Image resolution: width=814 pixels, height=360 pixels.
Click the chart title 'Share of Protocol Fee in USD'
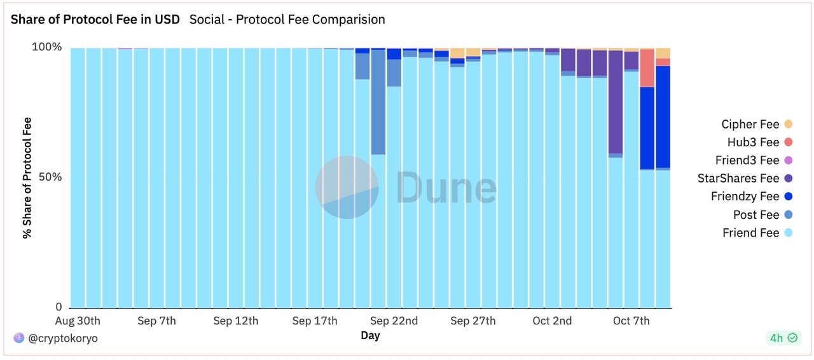coord(95,20)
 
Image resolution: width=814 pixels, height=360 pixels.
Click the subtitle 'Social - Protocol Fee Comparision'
coord(287,20)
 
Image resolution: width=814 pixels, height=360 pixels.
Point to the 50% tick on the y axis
coord(50,177)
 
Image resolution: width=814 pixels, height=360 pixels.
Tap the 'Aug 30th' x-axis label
coord(78,321)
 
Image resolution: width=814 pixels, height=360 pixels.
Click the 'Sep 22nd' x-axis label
coord(394,321)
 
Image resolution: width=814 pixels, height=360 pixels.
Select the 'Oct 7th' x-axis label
coord(631,321)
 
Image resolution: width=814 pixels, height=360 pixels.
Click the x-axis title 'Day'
coord(370,335)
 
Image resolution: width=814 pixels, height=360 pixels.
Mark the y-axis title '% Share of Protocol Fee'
coord(27,177)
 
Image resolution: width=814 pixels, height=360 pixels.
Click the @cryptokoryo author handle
coord(62,338)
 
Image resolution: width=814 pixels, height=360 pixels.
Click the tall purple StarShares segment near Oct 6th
coord(615,102)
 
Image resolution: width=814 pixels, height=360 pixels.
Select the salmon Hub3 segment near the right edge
coord(647,68)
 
